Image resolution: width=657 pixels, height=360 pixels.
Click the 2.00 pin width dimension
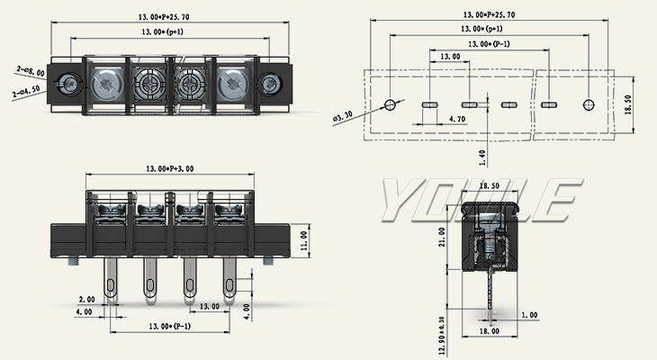point(86,299)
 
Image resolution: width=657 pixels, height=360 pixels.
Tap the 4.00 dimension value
point(84,312)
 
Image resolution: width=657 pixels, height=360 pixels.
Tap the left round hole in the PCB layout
point(391,104)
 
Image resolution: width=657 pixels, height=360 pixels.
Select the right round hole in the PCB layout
point(589,104)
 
